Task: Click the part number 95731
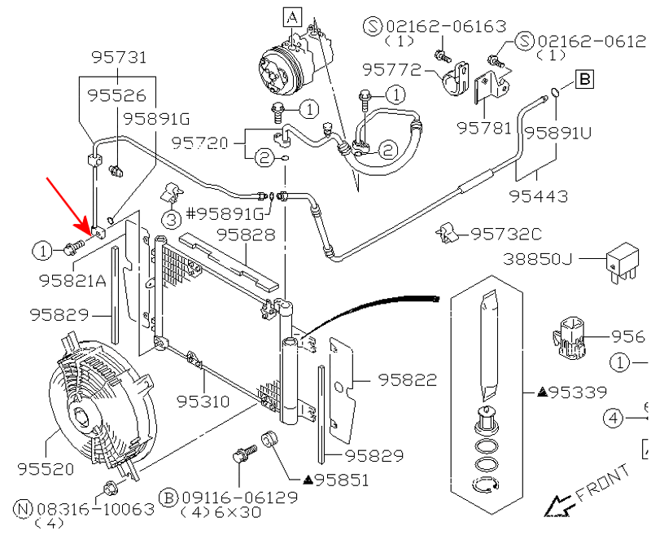119,57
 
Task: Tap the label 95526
117,96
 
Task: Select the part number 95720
200,143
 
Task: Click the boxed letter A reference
293,18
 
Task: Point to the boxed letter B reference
584,79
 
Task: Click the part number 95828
246,235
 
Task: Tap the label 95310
203,401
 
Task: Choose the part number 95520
46,469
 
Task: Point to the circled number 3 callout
171,219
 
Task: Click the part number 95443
538,196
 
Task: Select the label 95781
484,128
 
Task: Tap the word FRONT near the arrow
603,483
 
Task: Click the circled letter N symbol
23,509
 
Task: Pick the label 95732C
506,235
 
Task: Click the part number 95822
408,380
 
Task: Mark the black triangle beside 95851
308,480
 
